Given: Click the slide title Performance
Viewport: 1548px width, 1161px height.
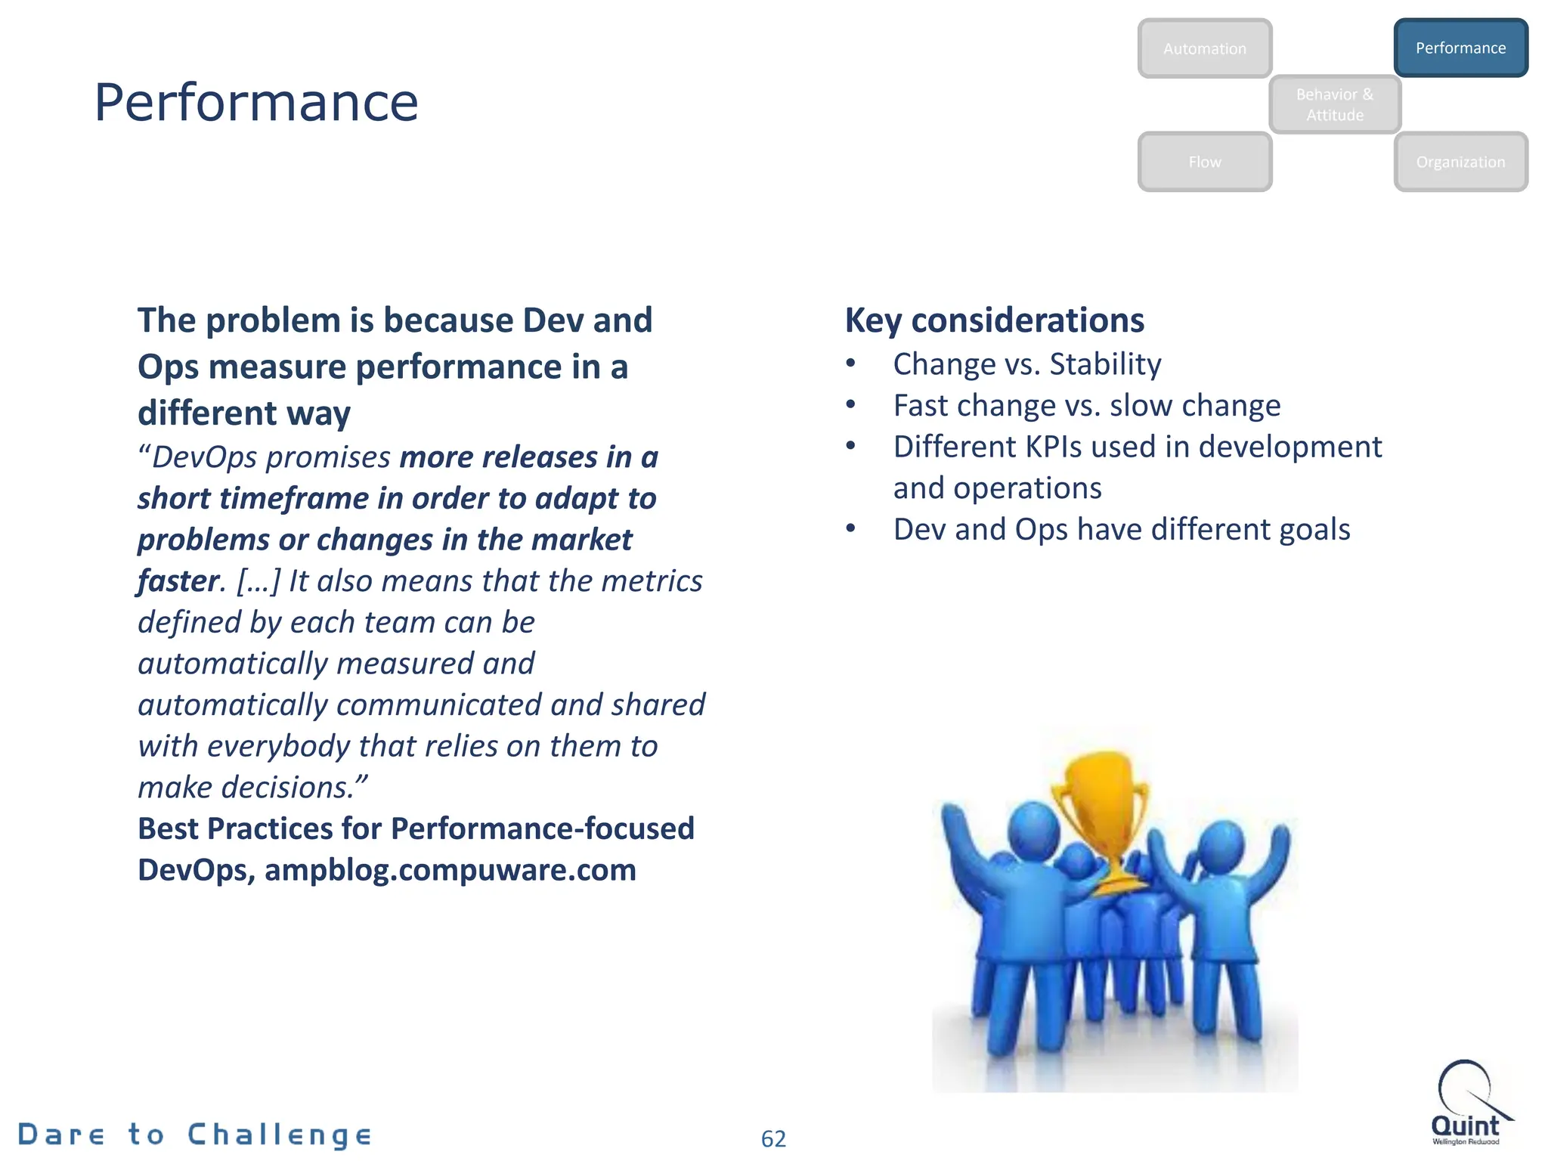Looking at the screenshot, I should point(255,102).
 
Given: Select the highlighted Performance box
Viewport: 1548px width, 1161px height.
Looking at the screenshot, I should point(1460,48).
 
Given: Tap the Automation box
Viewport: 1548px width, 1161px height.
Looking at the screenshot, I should point(1204,49).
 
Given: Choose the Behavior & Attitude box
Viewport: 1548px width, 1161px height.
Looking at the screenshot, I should point(1334,104).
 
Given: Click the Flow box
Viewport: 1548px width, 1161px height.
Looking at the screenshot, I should point(1204,162).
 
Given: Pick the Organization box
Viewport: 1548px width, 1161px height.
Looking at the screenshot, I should point(1460,162).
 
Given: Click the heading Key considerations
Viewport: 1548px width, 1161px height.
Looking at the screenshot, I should point(994,320).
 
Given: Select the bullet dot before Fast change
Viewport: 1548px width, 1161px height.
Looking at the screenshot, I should point(851,405).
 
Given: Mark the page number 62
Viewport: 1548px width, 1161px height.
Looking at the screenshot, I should point(773,1138).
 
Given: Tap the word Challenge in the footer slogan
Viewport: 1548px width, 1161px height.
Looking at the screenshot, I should point(280,1135).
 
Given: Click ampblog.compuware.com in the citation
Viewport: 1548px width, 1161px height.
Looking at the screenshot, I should point(450,870).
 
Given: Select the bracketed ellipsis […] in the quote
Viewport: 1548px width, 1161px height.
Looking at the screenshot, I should point(259,581).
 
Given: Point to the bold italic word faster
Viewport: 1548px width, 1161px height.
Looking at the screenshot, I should point(178,581).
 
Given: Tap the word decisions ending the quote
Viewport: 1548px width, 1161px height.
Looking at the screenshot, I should point(287,788).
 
